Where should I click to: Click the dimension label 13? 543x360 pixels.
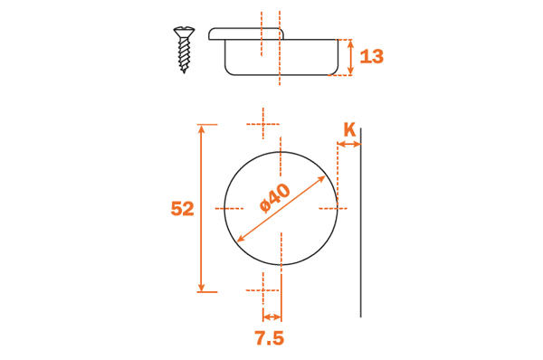coord(372,56)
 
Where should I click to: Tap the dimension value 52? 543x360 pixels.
coord(183,209)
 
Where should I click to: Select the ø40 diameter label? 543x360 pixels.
coord(275,198)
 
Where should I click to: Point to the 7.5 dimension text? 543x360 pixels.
coord(270,338)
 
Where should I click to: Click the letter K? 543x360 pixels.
coord(349,130)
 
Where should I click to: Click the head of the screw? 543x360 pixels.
coord(184,33)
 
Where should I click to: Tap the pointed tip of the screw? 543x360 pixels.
coord(184,71)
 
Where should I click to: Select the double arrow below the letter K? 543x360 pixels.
coord(349,144)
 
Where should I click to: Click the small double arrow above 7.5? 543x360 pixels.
coord(271,317)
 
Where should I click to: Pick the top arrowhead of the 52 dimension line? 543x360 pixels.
coord(201,128)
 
